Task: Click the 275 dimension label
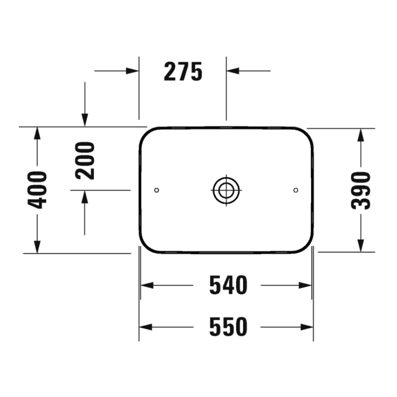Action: point(183,72)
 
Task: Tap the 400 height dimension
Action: point(37,190)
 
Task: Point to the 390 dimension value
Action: point(361,190)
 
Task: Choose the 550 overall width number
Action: point(228,327)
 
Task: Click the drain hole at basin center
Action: point(226,190)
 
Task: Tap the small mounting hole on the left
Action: point(157,190)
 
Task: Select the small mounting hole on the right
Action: point(296,190)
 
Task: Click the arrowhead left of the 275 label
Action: point(132,70)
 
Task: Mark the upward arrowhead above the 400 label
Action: point(36,133)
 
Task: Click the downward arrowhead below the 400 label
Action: point(36,246)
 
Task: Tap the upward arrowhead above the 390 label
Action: point(361,134)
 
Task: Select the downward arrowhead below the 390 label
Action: point(361,245)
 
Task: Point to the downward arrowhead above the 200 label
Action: point(85,120)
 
